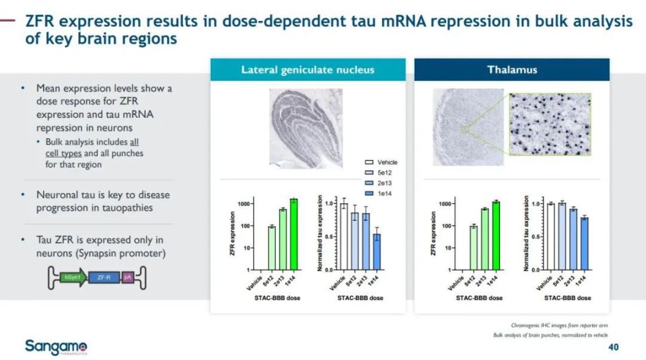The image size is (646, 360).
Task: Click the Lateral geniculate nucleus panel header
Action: click(308, 70)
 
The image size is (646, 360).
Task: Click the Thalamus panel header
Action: click(511, 70)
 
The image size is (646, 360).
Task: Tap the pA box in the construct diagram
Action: click(128, 277)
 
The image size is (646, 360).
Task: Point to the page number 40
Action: click(612, 347)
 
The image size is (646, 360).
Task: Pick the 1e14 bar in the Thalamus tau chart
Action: click(583, 244)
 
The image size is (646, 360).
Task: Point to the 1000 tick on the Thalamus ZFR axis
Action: click(445, 203)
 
